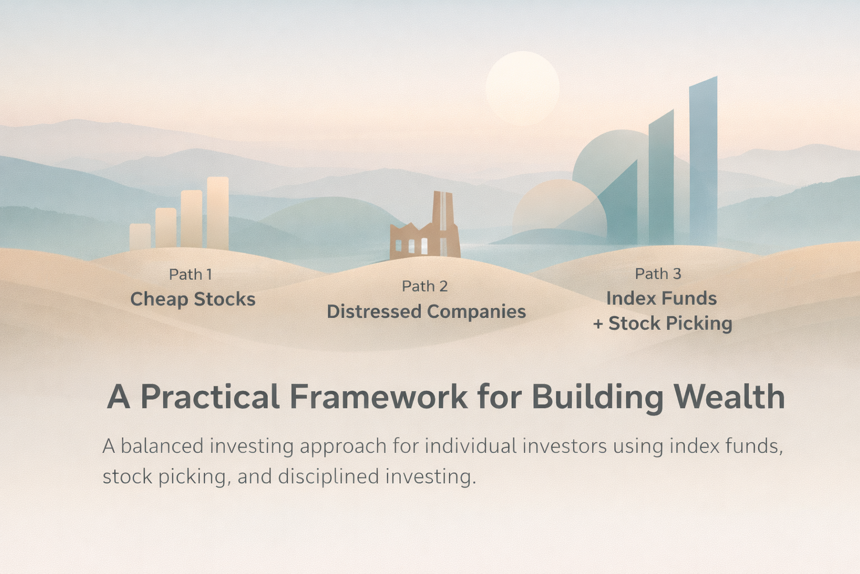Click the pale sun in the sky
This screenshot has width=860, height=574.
coord(522,88)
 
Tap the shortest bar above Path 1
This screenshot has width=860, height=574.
coord(140,237)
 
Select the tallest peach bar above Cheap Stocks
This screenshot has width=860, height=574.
coord(218,213)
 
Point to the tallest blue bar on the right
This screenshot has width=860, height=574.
coord(703,163)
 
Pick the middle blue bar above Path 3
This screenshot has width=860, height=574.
coord(661,179)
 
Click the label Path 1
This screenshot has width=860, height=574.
coord(190,275)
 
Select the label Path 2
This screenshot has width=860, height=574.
coord(424,286)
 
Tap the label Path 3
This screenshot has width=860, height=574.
coord(658,274)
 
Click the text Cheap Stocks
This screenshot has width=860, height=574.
coord(193,299)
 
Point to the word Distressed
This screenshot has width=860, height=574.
coord(374,312)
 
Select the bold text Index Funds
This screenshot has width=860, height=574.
coord(661,299)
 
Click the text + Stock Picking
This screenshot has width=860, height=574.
coord(662,323)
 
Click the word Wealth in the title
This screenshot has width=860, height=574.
coord(729,397)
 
